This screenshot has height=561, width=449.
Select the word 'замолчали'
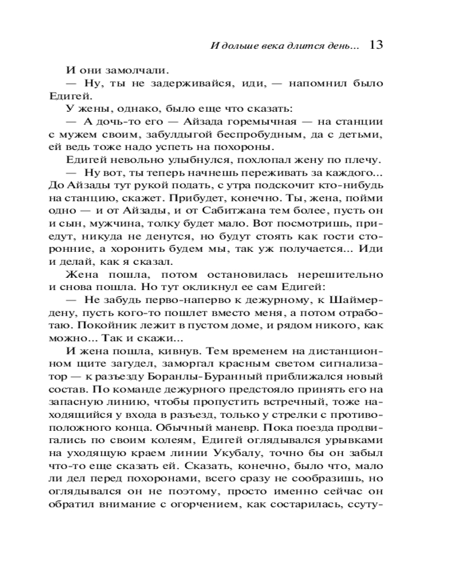pos(141,71)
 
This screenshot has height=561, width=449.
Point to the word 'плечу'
pos(367,160)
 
